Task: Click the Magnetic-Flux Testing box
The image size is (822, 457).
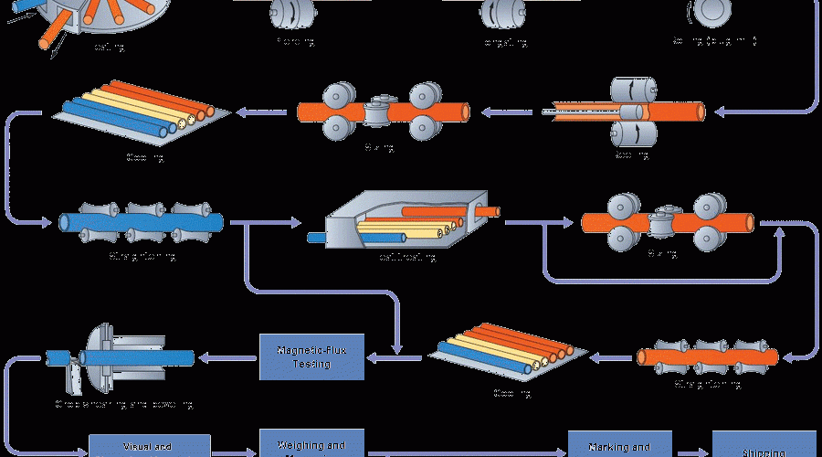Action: point(313,356)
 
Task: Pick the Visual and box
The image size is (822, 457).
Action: point(149,445)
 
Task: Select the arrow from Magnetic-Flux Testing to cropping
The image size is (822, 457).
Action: point(228,356)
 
